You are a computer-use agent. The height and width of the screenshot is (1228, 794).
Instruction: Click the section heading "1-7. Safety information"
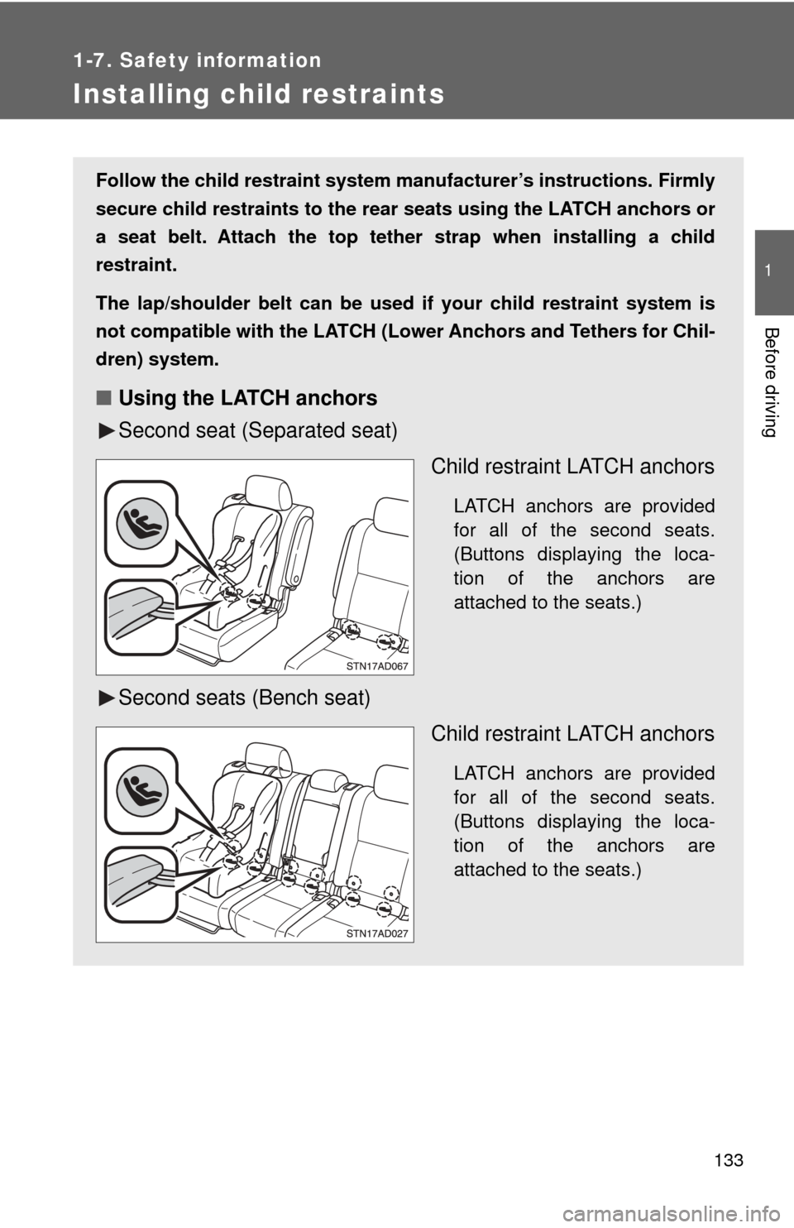[x=197, y=60]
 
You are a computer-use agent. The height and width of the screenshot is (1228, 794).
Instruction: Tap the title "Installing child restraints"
[x=258, y=95]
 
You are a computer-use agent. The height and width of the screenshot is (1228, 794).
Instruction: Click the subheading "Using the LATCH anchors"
[x=248, y=398]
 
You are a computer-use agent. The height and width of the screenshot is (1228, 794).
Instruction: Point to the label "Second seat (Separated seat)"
[x=257, y=431]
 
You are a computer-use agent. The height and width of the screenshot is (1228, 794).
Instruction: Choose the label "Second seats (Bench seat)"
[x=244, y=698]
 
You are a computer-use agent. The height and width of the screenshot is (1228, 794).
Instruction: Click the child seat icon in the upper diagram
[x=141, y=524]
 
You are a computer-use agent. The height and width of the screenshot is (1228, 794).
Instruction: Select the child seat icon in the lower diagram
[x=141, y=790]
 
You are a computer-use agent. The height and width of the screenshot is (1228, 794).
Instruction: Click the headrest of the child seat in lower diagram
[x=263, y=759]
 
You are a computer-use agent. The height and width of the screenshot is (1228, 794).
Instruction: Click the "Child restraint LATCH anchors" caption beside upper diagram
[x=572, y=467]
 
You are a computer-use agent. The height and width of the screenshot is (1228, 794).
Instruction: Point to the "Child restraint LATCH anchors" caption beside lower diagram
[x=572, y=734]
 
